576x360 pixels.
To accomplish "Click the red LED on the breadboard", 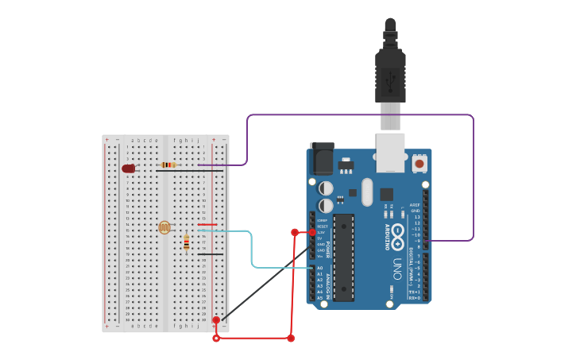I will click(x=128, y=168).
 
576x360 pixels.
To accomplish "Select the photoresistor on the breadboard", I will click(x=164, y=227).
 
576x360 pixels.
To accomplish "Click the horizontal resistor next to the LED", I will click(x=168, y=165).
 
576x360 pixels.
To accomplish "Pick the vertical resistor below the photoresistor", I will click(x=187, y=242).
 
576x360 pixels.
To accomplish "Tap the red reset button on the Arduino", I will click(x=419, y=164).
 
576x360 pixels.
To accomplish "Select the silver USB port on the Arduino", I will click(x=390, y=152).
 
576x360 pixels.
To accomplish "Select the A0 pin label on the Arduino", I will click(x=320, y=268).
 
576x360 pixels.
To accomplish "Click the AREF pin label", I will click(x=415, y=204).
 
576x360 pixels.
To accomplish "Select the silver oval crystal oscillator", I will click(x=366, y=192).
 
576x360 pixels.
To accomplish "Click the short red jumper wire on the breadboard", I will click(x=207, y=225).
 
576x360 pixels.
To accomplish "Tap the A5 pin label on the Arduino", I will click(x=320, y=298).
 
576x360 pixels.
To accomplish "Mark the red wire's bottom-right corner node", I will click(x=291, y=339).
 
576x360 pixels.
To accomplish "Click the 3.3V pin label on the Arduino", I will click(x=320, y=232).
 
